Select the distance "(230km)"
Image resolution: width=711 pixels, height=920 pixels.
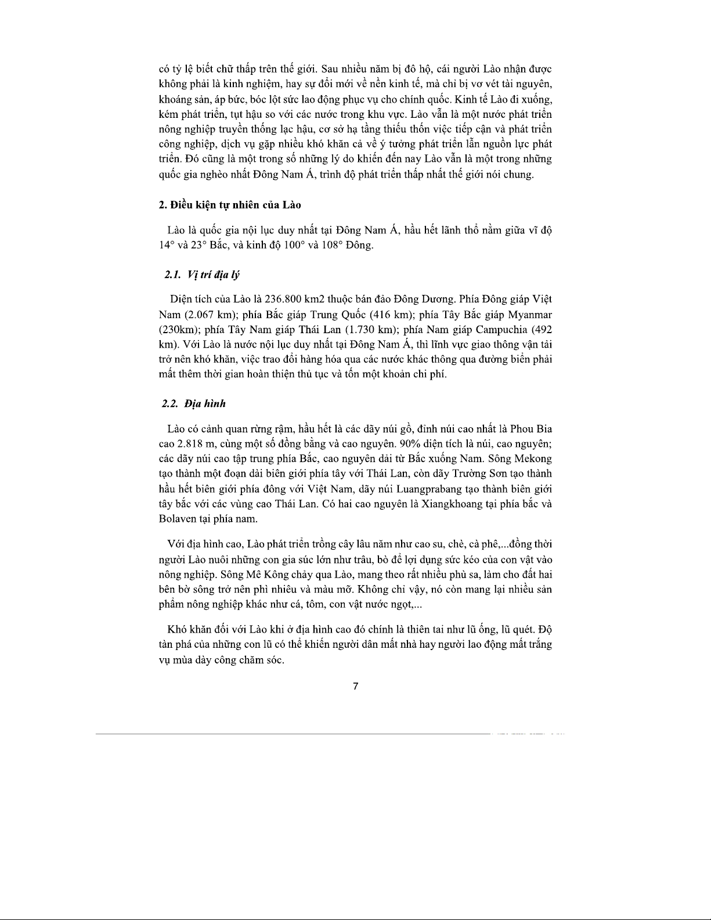(177, 330)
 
